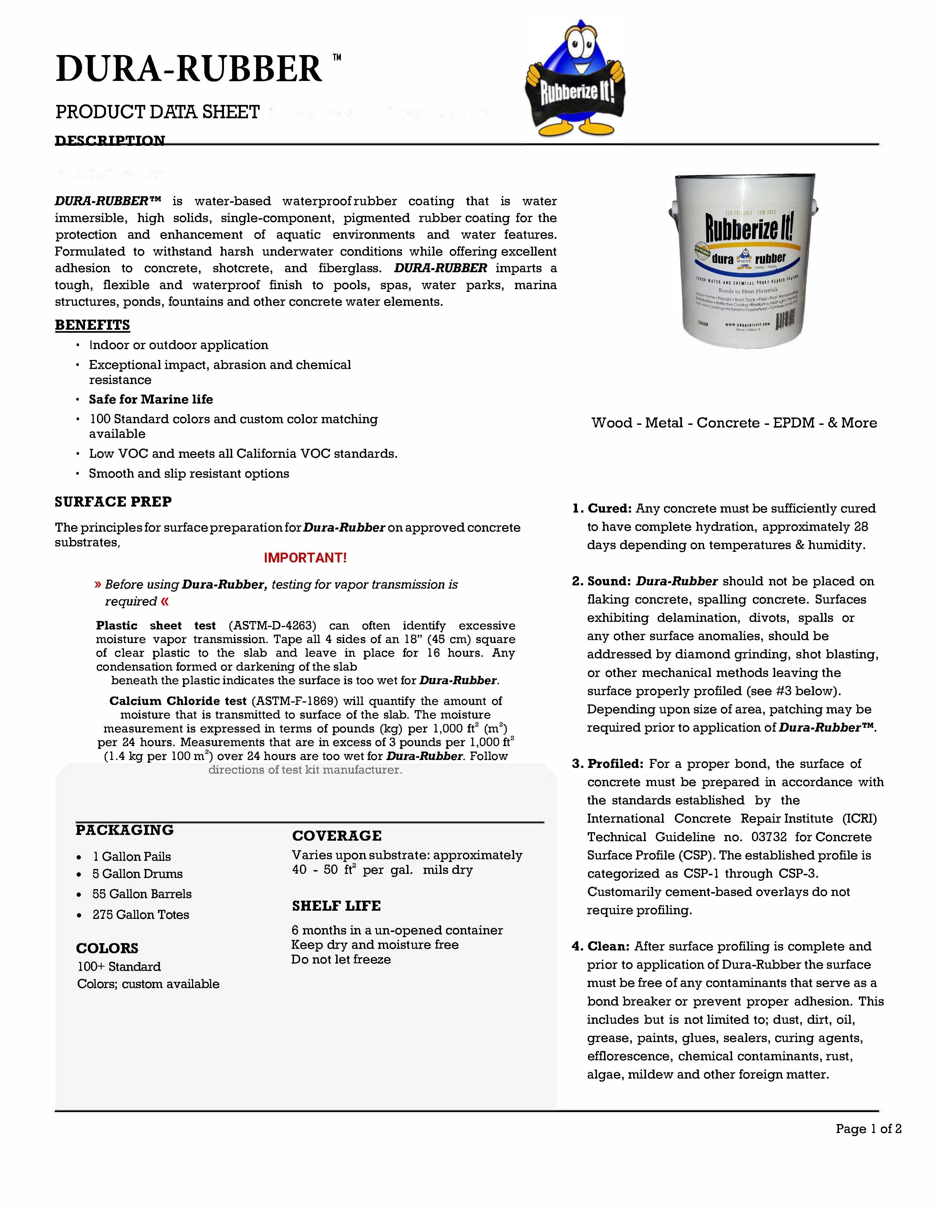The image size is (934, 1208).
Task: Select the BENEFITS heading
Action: (92, 325)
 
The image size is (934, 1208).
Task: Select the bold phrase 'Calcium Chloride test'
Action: (178, 701)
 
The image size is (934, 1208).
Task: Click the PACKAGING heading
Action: (125, 830)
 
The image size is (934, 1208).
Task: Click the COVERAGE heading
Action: (337, 836)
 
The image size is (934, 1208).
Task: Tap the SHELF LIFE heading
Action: (336, 906)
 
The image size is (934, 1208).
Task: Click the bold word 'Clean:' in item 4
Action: (608, 946)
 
